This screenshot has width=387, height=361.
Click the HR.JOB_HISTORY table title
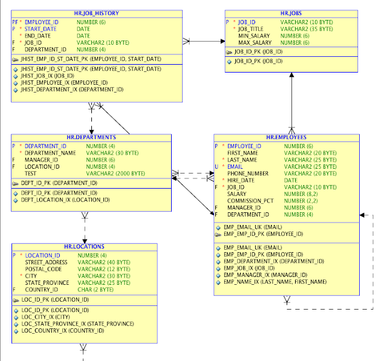[97, 13]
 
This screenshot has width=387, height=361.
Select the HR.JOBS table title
[291, 13]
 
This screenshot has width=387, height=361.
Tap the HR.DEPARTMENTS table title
[91, 137]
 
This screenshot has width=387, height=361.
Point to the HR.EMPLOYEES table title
[286, 137]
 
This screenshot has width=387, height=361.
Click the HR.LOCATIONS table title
[84, 247]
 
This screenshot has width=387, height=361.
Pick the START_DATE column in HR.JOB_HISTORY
[41, 29]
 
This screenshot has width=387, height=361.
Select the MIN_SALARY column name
[254, 36]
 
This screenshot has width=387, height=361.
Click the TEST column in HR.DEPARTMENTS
[30, 174]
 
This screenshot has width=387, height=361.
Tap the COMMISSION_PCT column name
[250, 201]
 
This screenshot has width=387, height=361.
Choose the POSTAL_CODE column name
[43, 269]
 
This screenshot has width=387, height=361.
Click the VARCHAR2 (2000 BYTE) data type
[115, 174]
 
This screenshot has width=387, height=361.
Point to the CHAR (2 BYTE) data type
[96, 290]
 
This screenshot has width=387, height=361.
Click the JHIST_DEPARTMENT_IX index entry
[72, 89]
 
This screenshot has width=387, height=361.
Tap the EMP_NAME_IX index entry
[275, 282]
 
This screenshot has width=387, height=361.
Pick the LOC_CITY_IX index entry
[45, 317]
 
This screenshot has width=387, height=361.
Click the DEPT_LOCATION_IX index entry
[65, 200]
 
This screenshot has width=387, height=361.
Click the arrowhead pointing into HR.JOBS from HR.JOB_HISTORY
[223, 41]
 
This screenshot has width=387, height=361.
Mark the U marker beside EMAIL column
[216, 167]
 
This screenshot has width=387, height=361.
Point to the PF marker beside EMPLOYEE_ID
[15, 22]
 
